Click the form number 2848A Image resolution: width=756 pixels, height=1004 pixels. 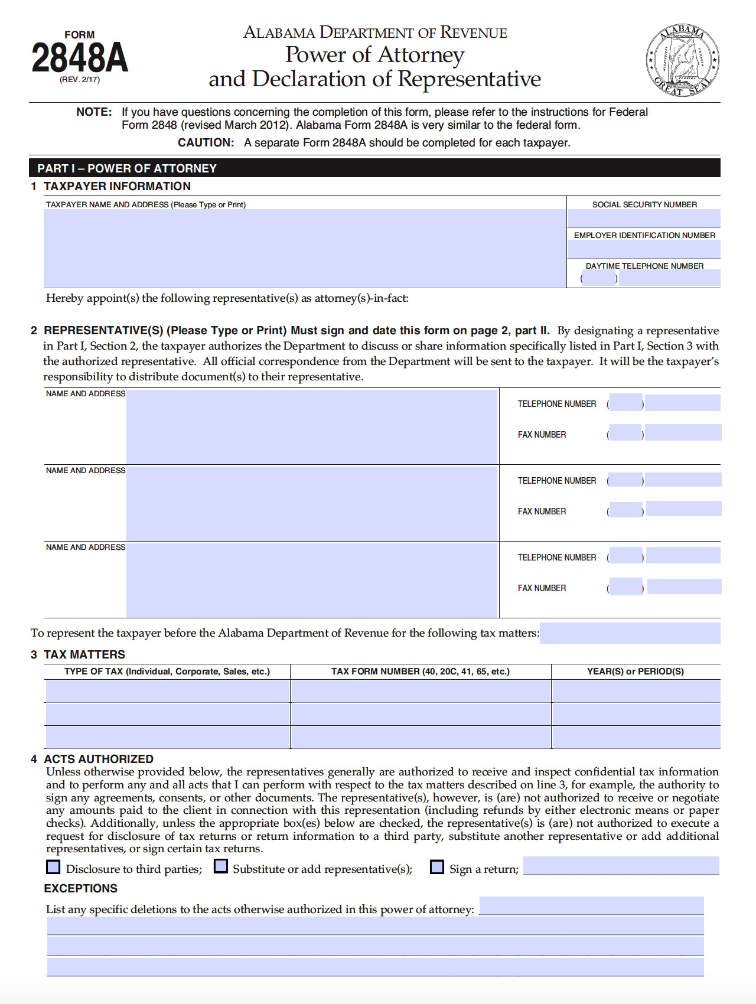pos(80,58)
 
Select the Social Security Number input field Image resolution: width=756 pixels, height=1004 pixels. pos(644,218)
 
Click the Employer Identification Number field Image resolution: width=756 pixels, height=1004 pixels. pos(644,249)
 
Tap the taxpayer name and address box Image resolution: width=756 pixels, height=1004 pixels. pos(305,248)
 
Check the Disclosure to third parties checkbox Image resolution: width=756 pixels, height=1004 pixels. pos(53,866)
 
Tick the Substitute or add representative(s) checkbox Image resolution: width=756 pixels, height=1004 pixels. pos(221,866)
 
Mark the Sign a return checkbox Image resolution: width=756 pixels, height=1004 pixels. pos(437,866)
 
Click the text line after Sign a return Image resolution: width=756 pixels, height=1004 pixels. pos(621,866)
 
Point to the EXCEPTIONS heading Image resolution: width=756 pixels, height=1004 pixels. pos(81,888)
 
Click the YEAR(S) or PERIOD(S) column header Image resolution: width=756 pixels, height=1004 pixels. pos(635,671)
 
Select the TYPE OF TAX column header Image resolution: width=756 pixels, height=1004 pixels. pos(167,671)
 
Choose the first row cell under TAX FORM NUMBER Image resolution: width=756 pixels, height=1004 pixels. pos(421,691)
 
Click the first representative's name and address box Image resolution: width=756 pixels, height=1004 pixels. pos(312,426)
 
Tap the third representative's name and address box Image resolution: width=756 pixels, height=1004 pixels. pos(312,580)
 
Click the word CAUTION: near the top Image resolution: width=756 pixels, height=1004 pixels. pos(206,143)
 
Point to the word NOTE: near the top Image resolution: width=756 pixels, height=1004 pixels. pos(94,112)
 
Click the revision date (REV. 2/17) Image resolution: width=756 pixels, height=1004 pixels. pos(80,80)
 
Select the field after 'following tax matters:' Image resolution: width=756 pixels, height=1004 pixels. pos(630,633)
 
